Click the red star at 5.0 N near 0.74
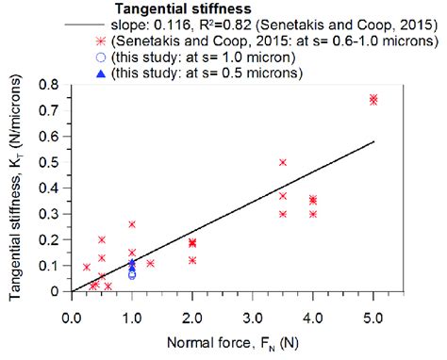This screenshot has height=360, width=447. tap(374, 99)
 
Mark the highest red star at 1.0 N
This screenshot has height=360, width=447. tap(132, 224)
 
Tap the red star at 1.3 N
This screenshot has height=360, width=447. tap(150, 263)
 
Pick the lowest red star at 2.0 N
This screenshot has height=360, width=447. tap(192, 260)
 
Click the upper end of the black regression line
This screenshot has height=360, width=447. tap(374, 142)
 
